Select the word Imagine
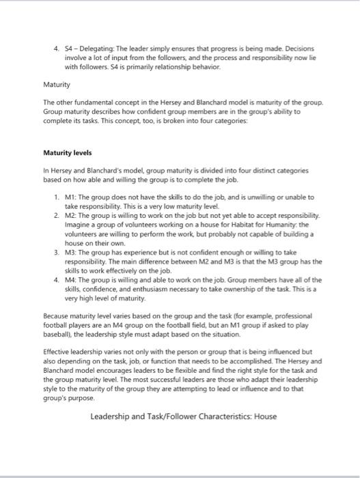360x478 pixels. pyautogui.click(x=78, y=223)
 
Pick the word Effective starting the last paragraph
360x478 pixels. pyautogui.click(x=57, y=352)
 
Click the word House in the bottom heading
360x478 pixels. pyautogui.click(x=264, y=415)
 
